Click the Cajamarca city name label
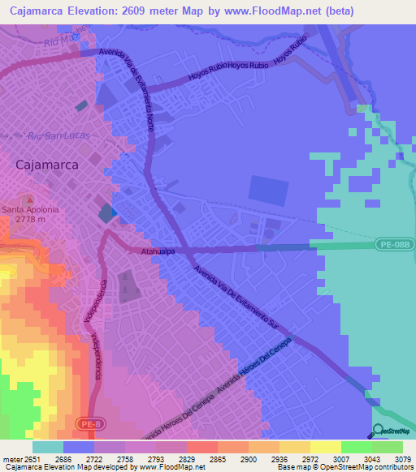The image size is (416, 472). [x=47, y=164]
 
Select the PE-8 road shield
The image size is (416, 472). [x=90, y=423]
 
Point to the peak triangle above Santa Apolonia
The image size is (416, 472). [x=30, y=199]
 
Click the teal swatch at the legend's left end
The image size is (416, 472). [x=47, y=447]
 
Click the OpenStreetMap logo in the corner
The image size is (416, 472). [x=392, y=431]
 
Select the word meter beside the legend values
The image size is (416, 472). [x=11, y=459]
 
